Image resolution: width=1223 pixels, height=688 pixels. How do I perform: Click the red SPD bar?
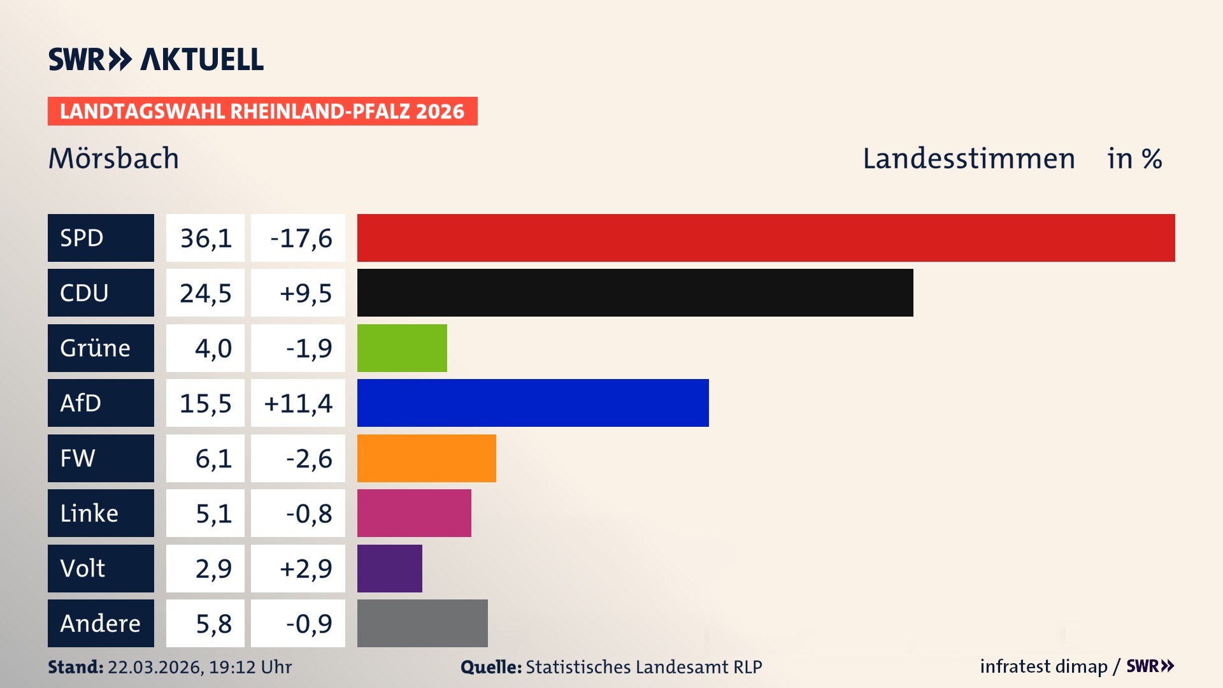point(766,238)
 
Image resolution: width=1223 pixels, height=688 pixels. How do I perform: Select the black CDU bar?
point(635,292)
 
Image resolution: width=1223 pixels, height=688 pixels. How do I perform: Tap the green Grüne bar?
point(402,348)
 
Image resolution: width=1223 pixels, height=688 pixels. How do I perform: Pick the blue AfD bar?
point(533,403)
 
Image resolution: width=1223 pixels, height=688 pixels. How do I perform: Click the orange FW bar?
point(426,458)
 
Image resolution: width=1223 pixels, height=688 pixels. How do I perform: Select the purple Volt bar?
point(389,568)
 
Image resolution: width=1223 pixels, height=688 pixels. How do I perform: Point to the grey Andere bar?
point(422,623)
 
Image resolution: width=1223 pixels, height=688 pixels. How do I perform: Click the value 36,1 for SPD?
point(205,238)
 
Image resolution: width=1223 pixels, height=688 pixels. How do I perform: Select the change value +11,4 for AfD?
point(297,403)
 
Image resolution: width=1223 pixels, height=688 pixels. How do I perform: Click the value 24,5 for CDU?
point(205,293)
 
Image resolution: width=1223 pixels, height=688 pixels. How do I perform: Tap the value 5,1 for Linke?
point(213,513)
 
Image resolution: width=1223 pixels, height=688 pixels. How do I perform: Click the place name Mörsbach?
point(113,159)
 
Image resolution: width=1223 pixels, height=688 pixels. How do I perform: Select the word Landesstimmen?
point(968,159)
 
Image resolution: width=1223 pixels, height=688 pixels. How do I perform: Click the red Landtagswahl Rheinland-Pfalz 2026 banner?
point(262,111)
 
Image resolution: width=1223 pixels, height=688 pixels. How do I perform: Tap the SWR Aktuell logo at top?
point(155,59)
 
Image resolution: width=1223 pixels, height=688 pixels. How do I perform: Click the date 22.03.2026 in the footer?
point(155,667)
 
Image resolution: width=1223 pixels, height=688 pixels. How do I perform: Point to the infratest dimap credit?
point(1043,666)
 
